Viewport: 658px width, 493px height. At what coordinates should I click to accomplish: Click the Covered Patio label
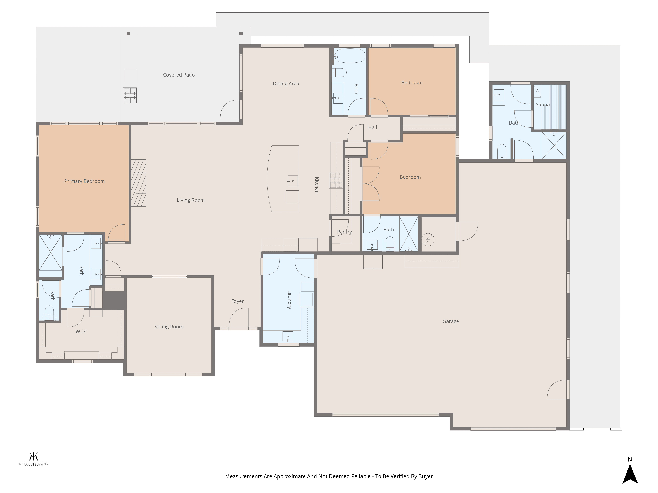(179, 75)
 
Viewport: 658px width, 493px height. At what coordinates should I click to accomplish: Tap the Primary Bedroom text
(85, 181)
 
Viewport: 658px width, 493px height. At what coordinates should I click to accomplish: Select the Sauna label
(543, 105)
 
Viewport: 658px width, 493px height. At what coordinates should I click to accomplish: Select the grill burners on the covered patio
(130, 95)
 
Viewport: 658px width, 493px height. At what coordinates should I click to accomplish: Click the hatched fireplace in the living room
(138, 183)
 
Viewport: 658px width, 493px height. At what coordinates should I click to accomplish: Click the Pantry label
(344, 232)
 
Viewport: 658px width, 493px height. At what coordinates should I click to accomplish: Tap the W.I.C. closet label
(82, 332)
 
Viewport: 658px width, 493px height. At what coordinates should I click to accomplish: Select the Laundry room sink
(288, 337)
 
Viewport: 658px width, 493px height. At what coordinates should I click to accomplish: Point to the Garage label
(451, 322)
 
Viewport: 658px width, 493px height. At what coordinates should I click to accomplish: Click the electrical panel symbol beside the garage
(428, 240)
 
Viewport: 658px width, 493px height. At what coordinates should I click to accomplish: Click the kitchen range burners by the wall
(336, 180)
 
